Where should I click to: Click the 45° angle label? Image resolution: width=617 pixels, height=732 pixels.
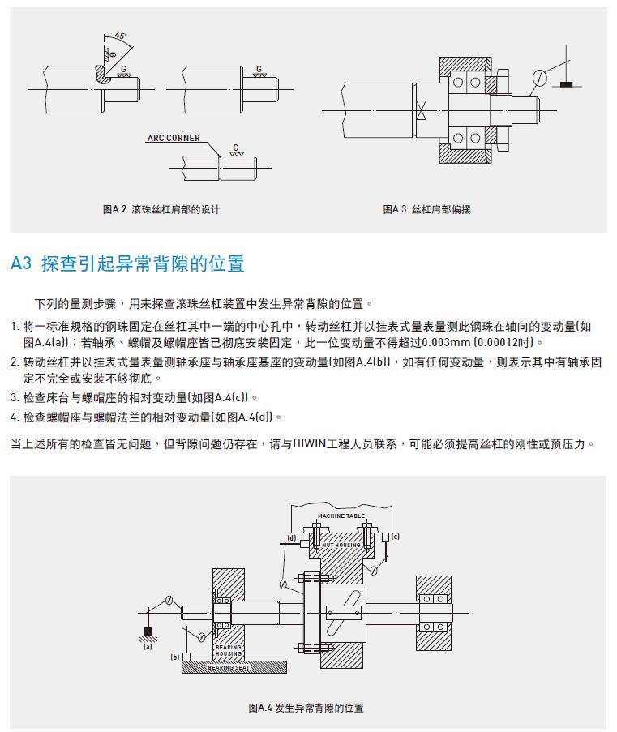(121, 36)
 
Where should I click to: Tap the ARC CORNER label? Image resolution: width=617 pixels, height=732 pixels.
(174, 139)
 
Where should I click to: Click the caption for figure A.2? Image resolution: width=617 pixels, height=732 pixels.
(161, 209)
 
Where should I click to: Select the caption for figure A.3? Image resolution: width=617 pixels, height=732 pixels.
(426, 209)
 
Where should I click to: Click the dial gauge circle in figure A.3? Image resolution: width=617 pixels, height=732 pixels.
(538, 78)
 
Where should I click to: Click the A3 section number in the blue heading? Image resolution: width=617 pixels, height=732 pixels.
(21, 263)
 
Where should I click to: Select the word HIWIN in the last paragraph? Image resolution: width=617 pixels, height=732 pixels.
(311, 445)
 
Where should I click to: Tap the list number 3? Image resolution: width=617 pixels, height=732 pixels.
(14, 398)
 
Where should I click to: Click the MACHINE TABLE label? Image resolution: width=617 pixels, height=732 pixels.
(341, 516)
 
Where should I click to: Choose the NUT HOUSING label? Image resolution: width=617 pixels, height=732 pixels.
(341, 546)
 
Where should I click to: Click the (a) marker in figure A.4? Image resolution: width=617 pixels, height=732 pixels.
(148, 647)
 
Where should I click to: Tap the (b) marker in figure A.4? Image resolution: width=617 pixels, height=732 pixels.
(175, 657)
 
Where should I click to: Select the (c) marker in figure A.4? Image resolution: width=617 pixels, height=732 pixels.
(396, 537)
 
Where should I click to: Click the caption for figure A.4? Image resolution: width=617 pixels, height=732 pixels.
(306, 708)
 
